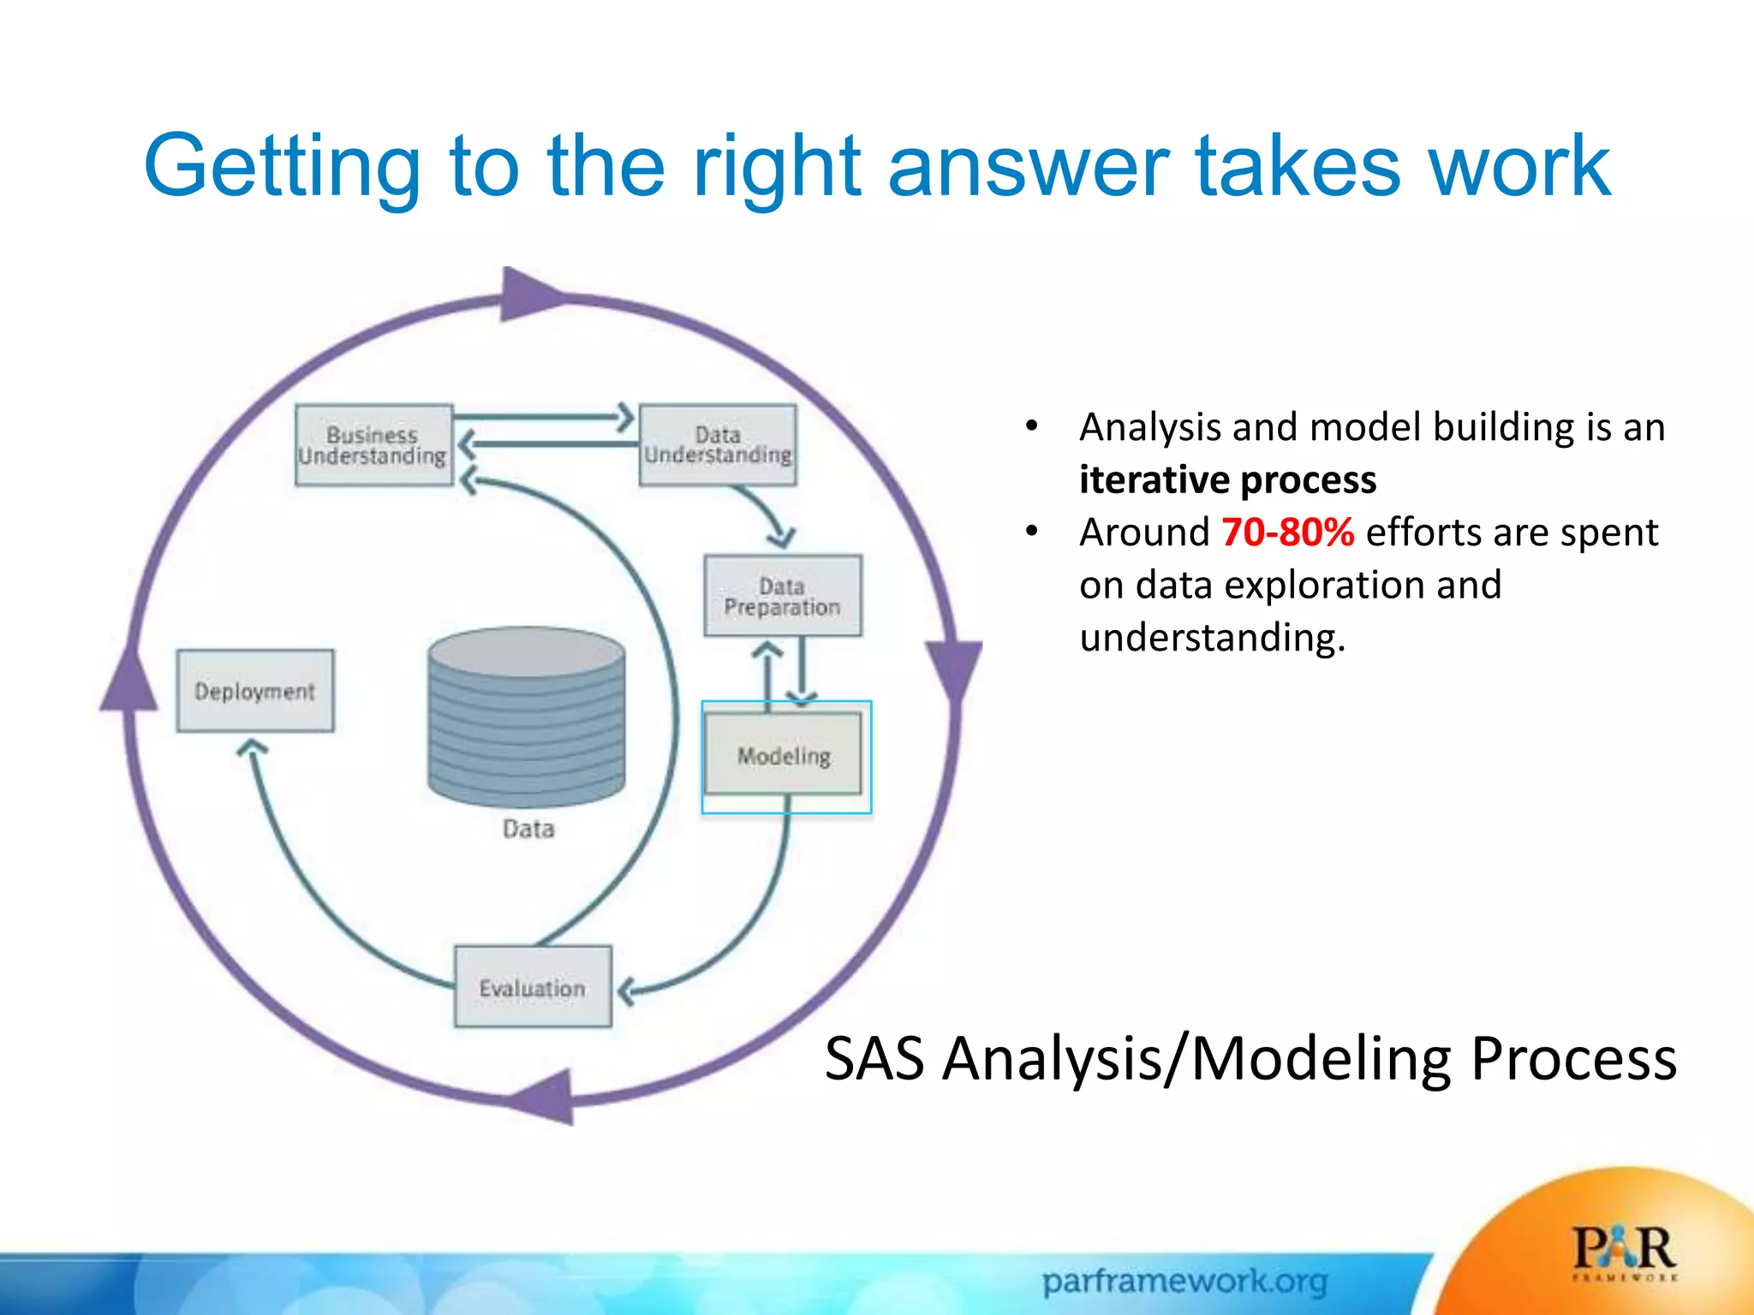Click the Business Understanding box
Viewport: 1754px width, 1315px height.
coord(373,445)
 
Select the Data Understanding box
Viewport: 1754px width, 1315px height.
coord(718,445)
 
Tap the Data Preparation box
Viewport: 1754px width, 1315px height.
coord(782,596)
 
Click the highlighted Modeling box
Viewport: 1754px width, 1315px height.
coord(783,754)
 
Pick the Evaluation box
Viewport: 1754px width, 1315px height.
coord(533,986)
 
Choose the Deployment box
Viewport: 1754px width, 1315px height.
coord(255,690)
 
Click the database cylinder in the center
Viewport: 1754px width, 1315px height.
coord(527,715)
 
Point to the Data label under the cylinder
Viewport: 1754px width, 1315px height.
coord(528,829)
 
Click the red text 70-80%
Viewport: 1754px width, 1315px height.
coord(1287,533)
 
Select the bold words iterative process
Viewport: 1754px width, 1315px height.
coord(1227,479)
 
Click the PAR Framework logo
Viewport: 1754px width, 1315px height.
coord(1624,1252)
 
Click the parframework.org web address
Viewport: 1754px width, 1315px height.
coord(1184,1282)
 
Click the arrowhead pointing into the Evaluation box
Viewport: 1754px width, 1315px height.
coord(626,991)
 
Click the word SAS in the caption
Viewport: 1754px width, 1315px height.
coord(874,1059)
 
